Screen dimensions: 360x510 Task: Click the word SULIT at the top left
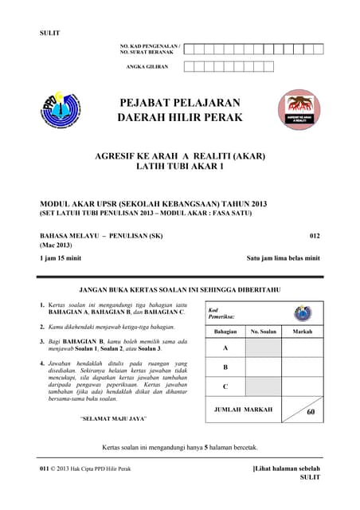pos(49,33)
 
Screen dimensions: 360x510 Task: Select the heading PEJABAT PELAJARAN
pos(179,103)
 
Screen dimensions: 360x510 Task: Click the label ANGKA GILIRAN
pos(147,67)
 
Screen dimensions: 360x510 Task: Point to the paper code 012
pos(314,237)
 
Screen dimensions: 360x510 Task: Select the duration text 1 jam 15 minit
pos(61,258)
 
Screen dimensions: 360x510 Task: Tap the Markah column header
pos(303,331)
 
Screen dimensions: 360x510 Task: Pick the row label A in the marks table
pos(225,348)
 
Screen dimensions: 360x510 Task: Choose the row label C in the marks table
pos(225,386)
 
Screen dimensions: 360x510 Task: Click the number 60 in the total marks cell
pos(311,412)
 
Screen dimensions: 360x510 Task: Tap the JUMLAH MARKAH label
pos(243,410)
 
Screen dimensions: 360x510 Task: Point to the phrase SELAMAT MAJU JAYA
pos(112,418)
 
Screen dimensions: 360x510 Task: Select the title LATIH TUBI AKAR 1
pos(179,167)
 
